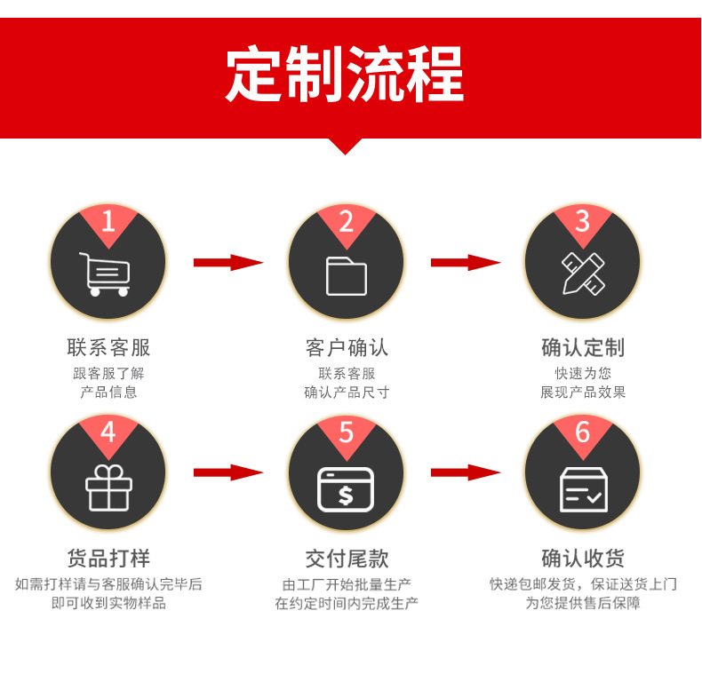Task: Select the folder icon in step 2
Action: pos(346,275)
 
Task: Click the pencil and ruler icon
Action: pos(582,274)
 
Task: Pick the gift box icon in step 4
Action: pos(108,488)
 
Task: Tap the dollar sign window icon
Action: pos(346,489)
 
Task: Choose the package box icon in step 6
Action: pos(583,489)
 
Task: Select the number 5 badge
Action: pos(347,432)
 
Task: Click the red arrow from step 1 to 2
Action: pos(228,263)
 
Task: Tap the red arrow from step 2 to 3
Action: pos(466,263)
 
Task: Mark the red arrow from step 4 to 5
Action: pos(228,472)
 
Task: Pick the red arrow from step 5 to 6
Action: pos(466,472)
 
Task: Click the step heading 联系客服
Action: pos(108,347)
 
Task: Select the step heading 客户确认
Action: pos(347,347)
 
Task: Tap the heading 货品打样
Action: pos(108,559)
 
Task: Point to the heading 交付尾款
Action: pos(347,559)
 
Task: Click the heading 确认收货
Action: pos(583,559)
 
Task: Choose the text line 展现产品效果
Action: pos(583,393)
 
